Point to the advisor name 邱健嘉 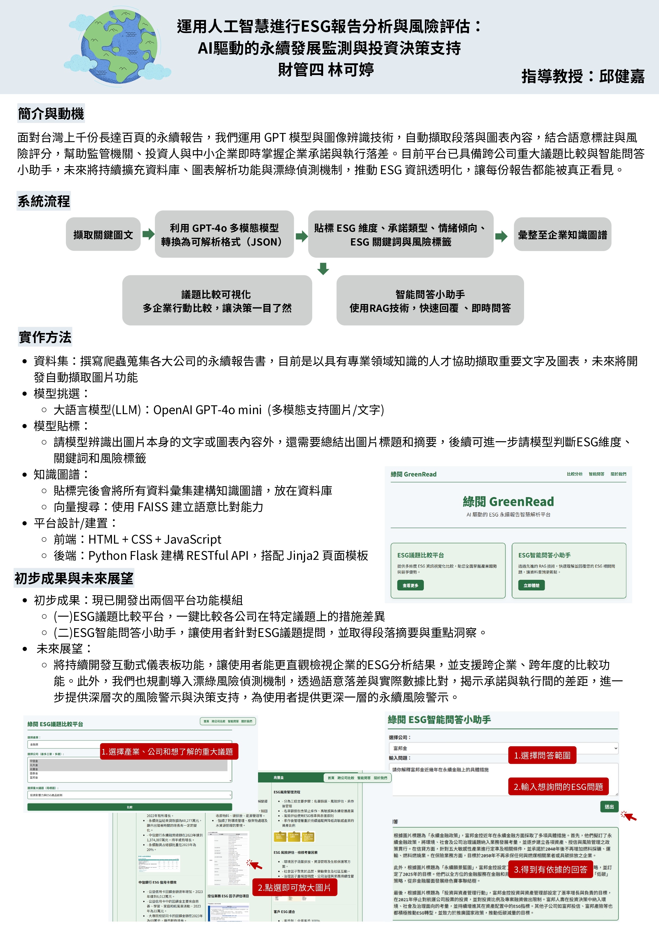[x=621, y=76]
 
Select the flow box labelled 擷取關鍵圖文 [x=103, y=235]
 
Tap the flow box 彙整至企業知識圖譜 [x=562, y=235]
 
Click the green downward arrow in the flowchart [x=323, y=269]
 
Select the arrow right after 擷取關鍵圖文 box [x=148, y=234]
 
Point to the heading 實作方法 [x=45, y=337]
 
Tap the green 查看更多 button [x=410, y=585]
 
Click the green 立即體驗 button [x=531, y=585]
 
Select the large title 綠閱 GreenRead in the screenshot [x=508, y=501]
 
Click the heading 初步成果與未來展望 [x=74, y=578]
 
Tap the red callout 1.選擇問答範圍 [x=542, y=755]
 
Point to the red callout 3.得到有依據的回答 [x=551, y=869]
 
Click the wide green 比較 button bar [x=129, y=807]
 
